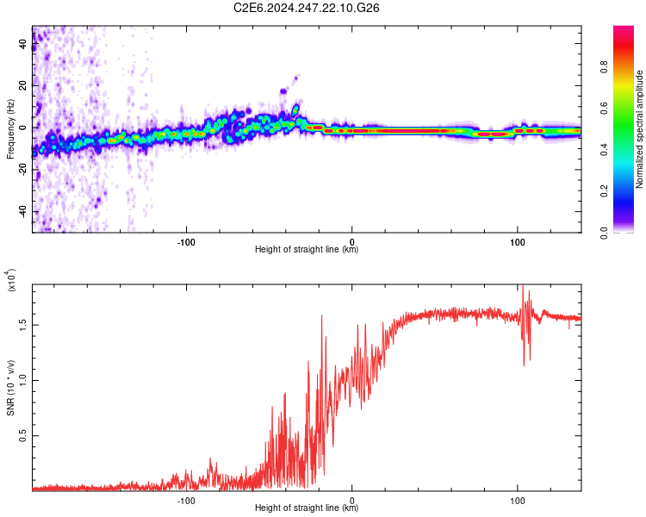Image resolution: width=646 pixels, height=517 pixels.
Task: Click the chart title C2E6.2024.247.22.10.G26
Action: click(307, 8)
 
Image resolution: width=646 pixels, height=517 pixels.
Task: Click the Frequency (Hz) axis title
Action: click(9, 129)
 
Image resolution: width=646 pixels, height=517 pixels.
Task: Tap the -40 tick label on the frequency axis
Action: click(22, 211)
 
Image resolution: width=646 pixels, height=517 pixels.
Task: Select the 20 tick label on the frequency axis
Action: click(23, 85)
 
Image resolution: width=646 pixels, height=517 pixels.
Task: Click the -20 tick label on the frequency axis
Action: click(22, 170)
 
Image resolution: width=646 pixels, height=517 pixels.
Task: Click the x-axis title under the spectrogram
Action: click(307, 250)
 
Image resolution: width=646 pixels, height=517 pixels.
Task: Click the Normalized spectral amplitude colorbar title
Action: click(640, 129)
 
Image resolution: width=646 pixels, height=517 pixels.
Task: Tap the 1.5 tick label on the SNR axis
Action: click(22, 325)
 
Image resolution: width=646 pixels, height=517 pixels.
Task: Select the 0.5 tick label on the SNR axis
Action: click(22, 436)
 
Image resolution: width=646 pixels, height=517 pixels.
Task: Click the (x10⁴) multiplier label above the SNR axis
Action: click(12, 280)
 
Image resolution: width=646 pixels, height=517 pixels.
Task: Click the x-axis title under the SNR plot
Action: click(307, 508)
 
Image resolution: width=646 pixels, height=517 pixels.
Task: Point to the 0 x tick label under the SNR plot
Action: click(352, 499)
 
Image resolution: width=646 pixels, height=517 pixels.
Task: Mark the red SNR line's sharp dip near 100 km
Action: click(523, 364)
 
